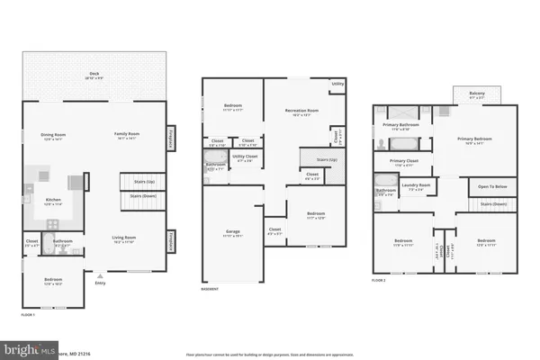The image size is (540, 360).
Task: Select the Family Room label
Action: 127,135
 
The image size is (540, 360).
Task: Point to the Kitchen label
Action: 54,202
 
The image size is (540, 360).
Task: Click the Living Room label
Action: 122,240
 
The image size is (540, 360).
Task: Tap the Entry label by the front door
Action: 100,283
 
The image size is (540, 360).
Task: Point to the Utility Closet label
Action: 247,159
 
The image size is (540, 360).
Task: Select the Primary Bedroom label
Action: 476,139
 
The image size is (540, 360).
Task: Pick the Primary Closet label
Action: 404,162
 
